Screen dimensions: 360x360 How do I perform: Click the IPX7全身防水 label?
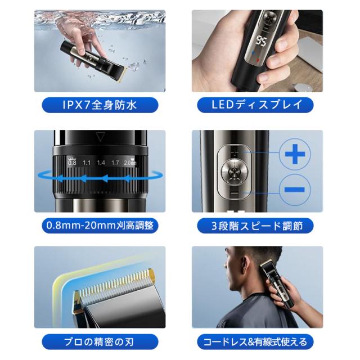(100, 105)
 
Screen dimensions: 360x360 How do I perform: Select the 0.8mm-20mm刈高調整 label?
(100, 225)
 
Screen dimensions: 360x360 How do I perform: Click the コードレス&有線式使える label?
(255, 342)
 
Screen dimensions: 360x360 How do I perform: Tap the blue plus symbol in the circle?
(295, 154)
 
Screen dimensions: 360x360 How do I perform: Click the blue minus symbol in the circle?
(295, 190)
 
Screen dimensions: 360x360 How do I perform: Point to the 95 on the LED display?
(261, 41)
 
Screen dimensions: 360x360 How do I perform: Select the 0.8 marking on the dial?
(72, 163)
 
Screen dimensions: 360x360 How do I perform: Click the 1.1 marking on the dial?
(87, 163)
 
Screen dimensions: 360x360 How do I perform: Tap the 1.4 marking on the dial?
(101, 163)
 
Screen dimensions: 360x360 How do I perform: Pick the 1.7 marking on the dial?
(115, 163)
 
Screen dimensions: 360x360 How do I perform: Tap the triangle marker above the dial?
(100, 137)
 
